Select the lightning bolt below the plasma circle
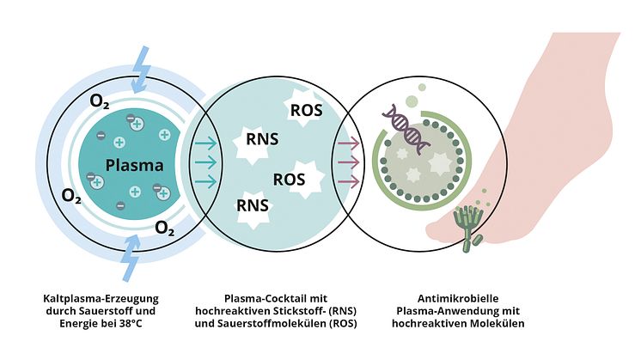[x=130, y=251]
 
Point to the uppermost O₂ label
[x=101, y=102]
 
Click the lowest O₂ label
[x=167, y=228]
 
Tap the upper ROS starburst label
[x=306, y=109]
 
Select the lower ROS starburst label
[x=289, y=179]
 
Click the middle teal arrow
[x=205, y=162]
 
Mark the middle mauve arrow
[x=347, y=162]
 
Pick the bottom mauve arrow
[x=347, y=180]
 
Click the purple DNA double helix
[x=407, y=129]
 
